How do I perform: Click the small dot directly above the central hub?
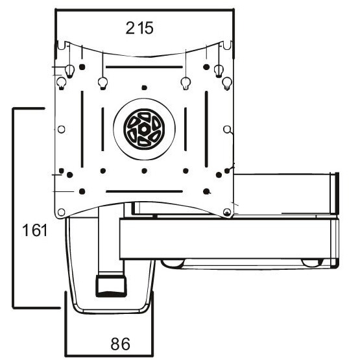point(143,87)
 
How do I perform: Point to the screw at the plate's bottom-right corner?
point(226,212)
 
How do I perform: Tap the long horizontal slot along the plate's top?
point(143,67)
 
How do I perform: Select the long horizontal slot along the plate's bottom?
point(143,191)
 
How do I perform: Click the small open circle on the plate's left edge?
point(61,129)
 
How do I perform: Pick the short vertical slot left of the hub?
point(101,129)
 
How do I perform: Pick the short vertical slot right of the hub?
point(185,129)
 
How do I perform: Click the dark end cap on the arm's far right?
point(335,193)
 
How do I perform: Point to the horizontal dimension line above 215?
point(143,9)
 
